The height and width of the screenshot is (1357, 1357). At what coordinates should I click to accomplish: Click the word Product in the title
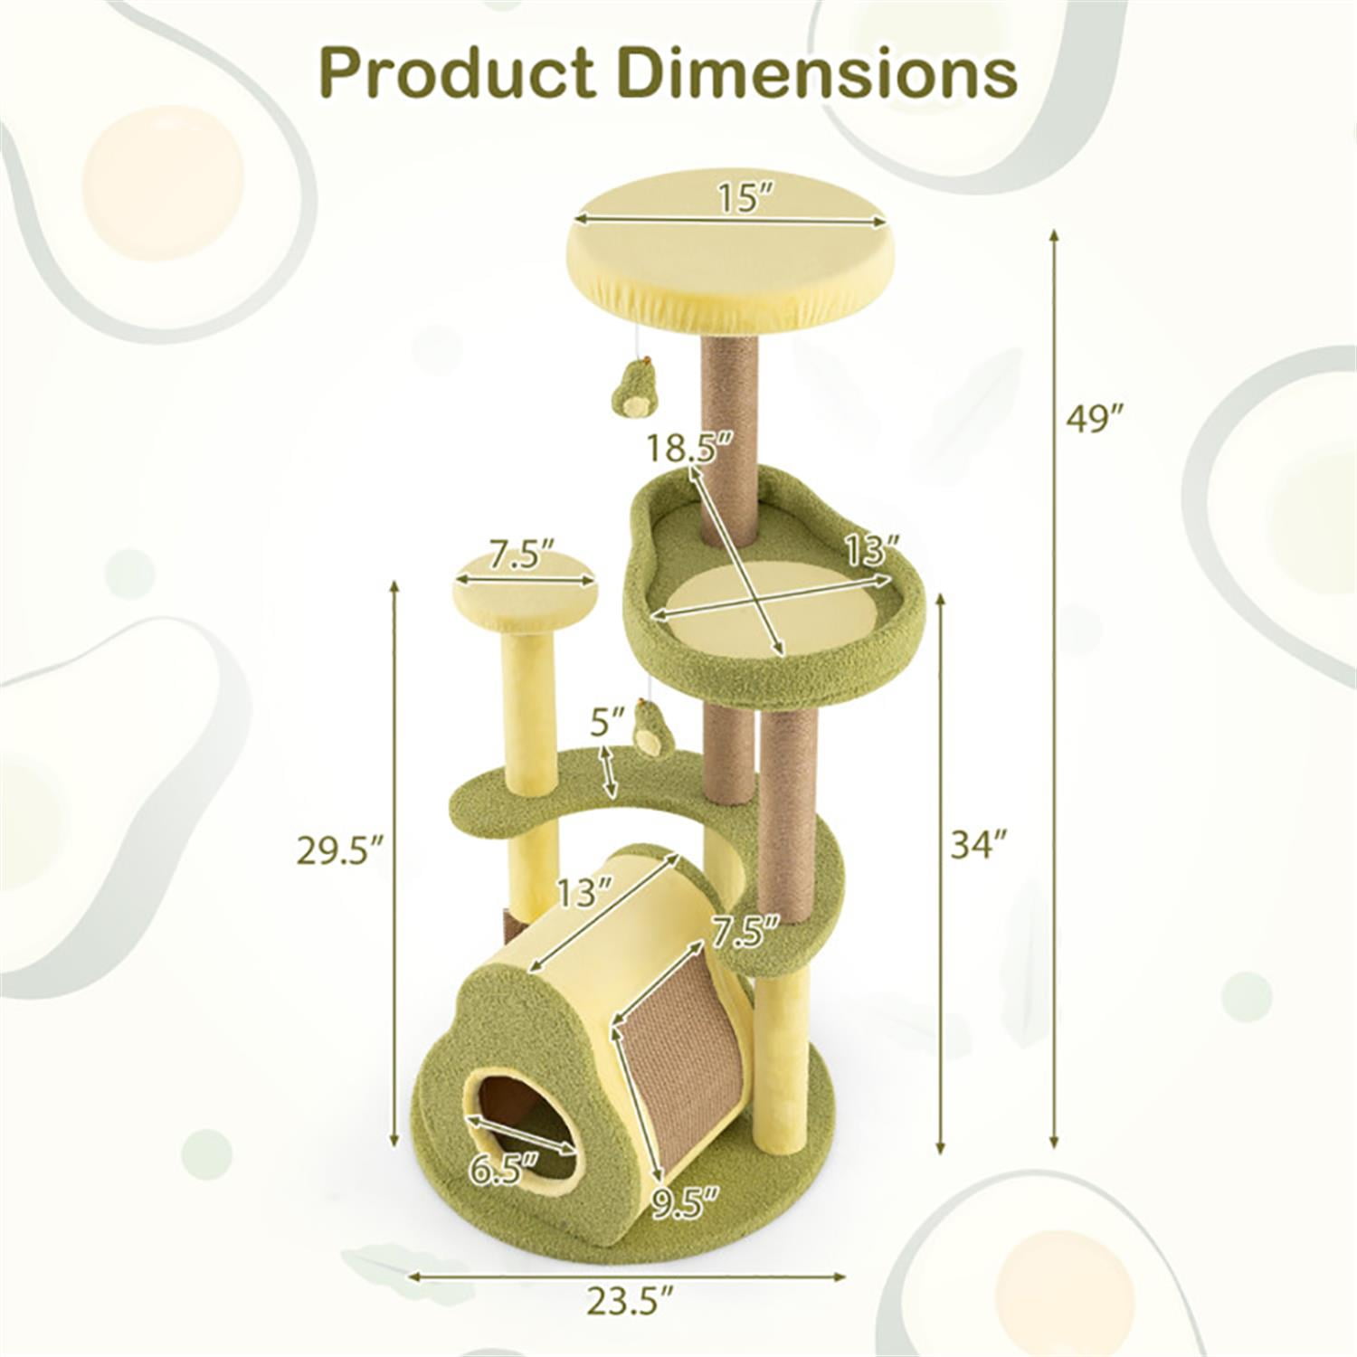pos(457,73)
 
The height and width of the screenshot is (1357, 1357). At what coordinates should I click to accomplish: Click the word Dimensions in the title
pos(821,73)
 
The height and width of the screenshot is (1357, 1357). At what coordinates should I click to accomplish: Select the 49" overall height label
pos(1094,419)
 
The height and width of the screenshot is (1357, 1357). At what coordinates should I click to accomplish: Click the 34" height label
pos(978,846)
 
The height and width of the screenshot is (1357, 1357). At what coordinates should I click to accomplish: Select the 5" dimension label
pos(607,725)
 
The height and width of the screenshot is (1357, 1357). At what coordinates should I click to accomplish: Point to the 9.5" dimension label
pos(686,1200)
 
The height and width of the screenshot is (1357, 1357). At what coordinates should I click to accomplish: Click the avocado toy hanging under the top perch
pos(630,391)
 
